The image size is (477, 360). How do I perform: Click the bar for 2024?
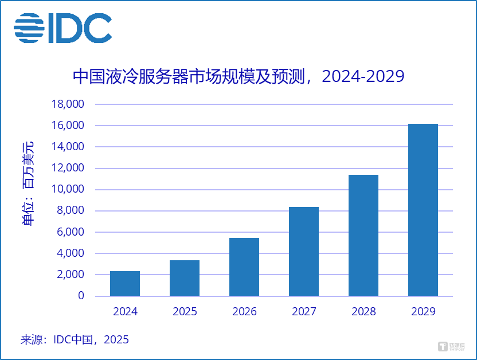[x=125, y=283]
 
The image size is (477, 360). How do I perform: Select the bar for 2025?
[x=185, y=278]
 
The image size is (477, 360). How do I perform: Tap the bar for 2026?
[x=244, y=267]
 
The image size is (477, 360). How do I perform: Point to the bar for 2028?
[x=363, y=235]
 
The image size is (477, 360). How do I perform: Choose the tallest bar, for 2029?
[x=423, y=210]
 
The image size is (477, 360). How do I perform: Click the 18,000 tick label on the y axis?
[x=68, y=104]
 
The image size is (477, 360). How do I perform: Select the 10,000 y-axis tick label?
[x=68, y=189]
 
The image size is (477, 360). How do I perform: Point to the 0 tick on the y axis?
[x=81, y=296]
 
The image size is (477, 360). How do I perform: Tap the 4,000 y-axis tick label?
[x=71, y=253]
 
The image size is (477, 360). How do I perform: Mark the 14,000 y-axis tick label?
[x=68, y=147]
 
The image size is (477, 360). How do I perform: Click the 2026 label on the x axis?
[x=244, y=312]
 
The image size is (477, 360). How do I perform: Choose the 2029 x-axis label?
[x=423, y=312]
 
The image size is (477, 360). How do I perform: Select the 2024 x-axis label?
[x=125, y=312]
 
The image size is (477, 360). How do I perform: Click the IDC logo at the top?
[x=63, y=28]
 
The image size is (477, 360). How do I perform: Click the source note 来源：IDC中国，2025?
[x=75, y=339]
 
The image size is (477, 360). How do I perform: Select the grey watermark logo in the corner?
[x=451, y=346]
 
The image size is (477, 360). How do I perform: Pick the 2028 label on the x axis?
[x=363, y=312]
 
